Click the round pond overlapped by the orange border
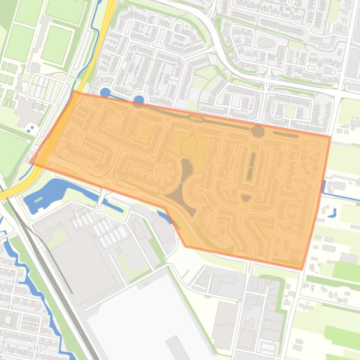click(138, 100)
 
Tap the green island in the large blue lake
click(38, 200)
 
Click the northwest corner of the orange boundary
click(74, 92)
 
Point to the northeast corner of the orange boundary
click(330, 137)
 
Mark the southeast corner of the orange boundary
click(302, 269)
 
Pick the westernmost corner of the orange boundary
click(30, 163)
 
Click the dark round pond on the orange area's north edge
click(258, 131)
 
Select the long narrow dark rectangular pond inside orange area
click(252, 166)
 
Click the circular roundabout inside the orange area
click(159, 172)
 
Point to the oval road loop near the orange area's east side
click(281, 174)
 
